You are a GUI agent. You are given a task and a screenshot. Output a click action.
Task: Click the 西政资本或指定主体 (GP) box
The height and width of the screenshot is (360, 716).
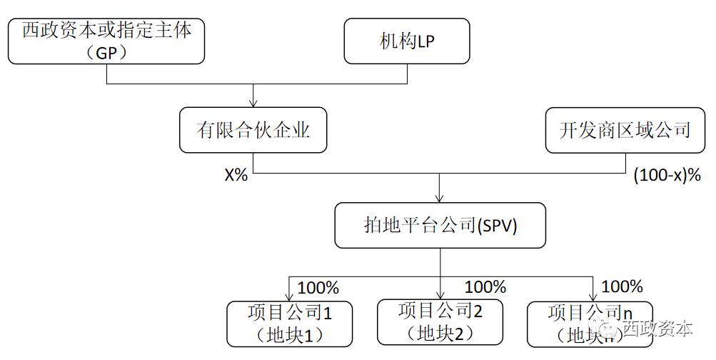click(x=106, y=41)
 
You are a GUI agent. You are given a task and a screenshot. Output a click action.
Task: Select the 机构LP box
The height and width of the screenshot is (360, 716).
click(x=407, y=41)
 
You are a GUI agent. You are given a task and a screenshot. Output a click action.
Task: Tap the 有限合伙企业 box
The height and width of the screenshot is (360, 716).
click(x=253, y=130)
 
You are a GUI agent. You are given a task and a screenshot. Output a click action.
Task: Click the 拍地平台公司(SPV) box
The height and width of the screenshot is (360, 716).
click(x=439, y=226)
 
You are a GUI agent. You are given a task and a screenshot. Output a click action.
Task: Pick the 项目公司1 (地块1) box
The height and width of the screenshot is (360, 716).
click(x=290, y=324)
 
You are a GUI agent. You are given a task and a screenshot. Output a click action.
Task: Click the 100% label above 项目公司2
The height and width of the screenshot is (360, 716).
click(x=485, y=287)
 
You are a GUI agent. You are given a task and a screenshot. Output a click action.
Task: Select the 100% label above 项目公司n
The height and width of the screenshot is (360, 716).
click(x=622, y=287)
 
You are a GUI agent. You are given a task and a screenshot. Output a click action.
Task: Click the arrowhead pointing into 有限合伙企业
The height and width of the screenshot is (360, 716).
click(x=254, y=104)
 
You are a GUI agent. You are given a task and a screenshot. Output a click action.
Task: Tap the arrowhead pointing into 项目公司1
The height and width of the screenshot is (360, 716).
click(x=290, y=296)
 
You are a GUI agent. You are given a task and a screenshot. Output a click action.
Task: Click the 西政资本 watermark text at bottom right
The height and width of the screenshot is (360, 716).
click(x=657, y=329)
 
